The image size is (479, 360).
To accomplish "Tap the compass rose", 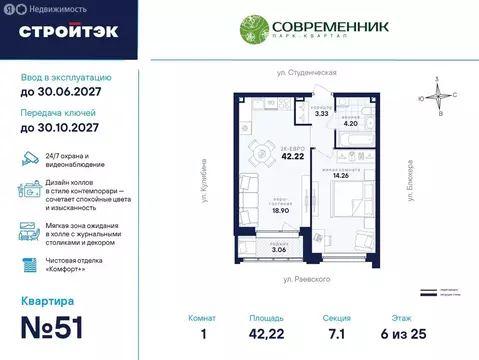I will click(438, 96).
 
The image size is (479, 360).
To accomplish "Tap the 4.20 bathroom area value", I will click(350, 123).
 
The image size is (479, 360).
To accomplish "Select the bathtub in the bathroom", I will click(353, 104).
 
